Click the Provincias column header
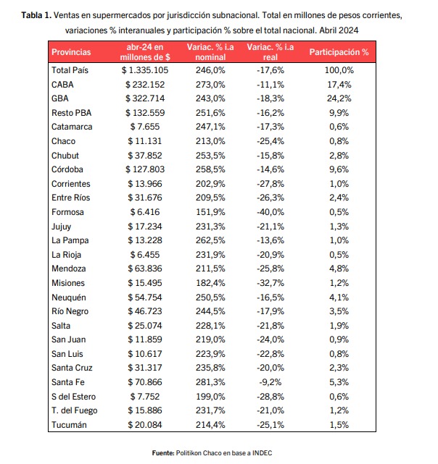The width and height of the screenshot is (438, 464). (x=71, y=52)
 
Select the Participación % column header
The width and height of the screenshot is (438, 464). (x=339, y=52)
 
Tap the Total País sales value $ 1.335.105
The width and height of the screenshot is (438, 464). (x=145, y=70)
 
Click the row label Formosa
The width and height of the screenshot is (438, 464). (x=67, y=212)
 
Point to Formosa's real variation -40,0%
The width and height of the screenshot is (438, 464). (x=270, y=212)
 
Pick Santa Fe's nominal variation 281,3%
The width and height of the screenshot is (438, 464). (x=210, y=382)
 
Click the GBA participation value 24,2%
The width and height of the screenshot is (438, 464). (x=339, y=98)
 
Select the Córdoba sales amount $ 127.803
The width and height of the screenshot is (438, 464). (x=145, y=169)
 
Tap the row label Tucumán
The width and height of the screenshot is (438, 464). (x=69, y=425)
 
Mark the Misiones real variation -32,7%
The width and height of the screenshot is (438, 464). (x=270, y=283)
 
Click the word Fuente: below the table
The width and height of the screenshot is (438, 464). (x=163, y=452)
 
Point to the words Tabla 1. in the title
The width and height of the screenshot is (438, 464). (x=36, y=15)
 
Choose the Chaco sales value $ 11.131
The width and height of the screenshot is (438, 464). (x=145, y=141)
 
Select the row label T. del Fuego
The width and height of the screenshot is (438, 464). (x=75, y=410)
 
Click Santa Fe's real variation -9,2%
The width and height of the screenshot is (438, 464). (x=270, y=382)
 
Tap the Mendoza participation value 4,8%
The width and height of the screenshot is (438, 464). (x=339, y=269)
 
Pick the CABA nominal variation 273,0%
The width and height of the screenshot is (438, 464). (x=210, y=85)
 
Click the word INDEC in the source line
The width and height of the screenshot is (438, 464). (x=263, y=452)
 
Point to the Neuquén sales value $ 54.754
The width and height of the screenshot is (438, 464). (x=145, y=297)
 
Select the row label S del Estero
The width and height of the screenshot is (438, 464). (x=73, y=397)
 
